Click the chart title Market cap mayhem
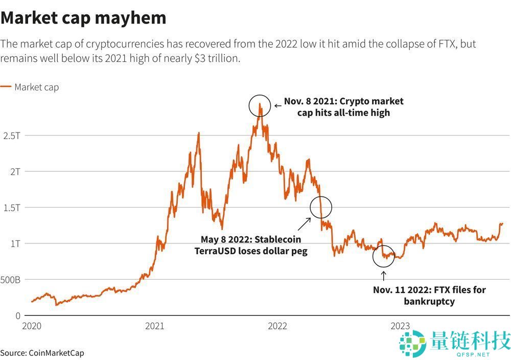(83, 18)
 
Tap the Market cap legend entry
(36, 87)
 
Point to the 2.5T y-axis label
(11, 136)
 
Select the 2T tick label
(14, 172)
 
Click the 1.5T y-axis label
(11, 208)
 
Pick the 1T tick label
(14, 244)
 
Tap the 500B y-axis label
(10, 280)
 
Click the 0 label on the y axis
(17, 316)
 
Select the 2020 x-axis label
(32, 326)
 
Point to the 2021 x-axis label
(154, 326)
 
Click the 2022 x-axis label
(277, 326)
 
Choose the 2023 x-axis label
(400, 326)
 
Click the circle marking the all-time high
(260, 106)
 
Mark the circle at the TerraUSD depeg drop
(321, 208)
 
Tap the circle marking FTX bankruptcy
(384, 256)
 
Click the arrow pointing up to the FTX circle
(384, 276)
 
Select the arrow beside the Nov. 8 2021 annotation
(277, 106)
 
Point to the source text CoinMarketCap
(56, 353)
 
